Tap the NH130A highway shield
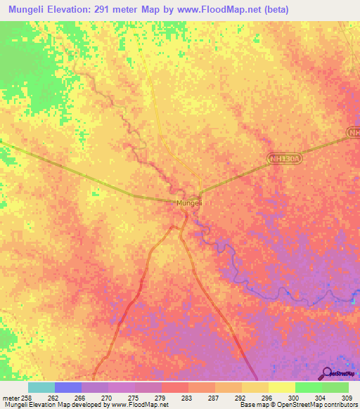tap(285, 160)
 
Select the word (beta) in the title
tap(271, 10)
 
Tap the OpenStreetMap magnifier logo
tap(326, 373)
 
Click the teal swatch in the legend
tap(41, 387)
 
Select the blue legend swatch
tap(68, 387)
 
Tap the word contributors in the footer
tap(338, 405)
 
